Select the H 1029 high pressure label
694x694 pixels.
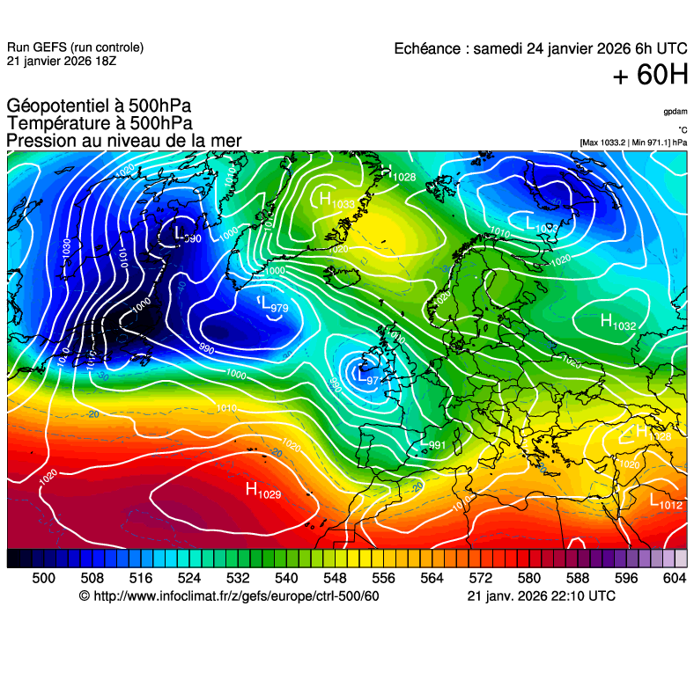(262, 491)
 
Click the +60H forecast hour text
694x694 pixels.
(650, 77)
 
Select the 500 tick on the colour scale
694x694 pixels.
(43, 578)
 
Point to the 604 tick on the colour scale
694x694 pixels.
(674, 578)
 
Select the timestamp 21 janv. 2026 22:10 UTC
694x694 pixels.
(541, 596)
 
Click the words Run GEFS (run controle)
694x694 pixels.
(75, 47)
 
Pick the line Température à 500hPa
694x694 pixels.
(100, 124)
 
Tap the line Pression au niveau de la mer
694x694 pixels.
(123, 141)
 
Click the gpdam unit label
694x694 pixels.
(676, 113)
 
